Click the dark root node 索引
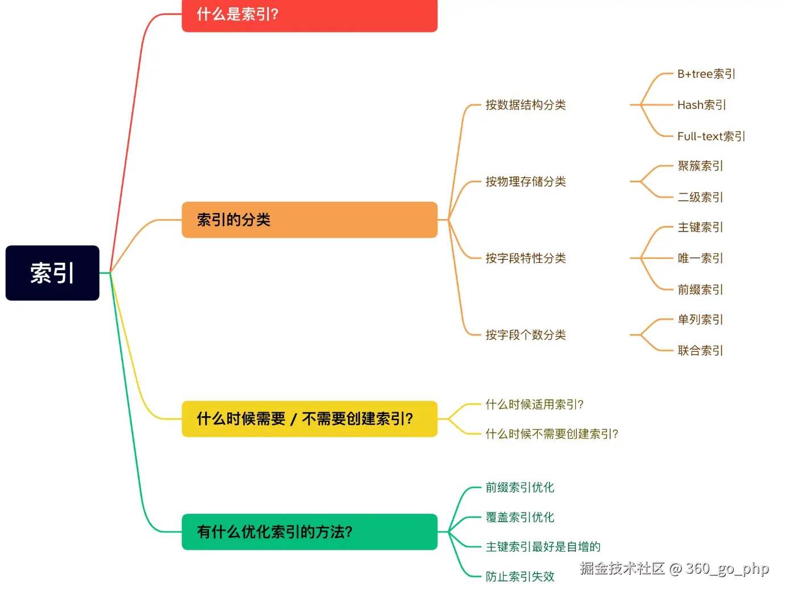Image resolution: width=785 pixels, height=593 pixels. (x=52, y=273)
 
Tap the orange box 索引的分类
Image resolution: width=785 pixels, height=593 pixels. (x=309, y=220)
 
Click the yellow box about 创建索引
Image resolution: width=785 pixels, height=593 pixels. (x=309, y=419)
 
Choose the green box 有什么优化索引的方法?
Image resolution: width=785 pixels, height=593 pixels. (x=309, y=532)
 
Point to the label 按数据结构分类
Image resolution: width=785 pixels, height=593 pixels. (x=525, y=105)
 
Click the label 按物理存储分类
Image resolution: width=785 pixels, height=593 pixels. (x=525, y=182)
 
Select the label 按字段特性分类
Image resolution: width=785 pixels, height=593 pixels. (x=525, y=258)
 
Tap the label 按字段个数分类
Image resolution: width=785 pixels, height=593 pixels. (x=525, y=335)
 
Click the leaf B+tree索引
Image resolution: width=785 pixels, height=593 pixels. (x=706, y=74)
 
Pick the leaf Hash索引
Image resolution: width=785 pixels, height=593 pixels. (x=701, y=105)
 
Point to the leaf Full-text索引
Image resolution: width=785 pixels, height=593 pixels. (x=711, y=136)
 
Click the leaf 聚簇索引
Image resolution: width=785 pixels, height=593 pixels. (x=700, y=166)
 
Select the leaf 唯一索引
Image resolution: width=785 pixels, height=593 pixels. (x=700, y=258)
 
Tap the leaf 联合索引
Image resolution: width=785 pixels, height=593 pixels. (x=700, y=351)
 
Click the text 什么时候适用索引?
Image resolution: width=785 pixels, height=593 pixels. (x=534, y=405)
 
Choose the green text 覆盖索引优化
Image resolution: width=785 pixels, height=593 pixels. (x=520, y=517)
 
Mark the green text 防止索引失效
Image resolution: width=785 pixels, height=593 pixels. (x=520, y=576)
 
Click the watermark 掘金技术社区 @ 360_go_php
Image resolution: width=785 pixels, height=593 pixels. (x=674, y=568)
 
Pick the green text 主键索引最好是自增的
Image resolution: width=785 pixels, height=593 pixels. (x=543, y=547)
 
